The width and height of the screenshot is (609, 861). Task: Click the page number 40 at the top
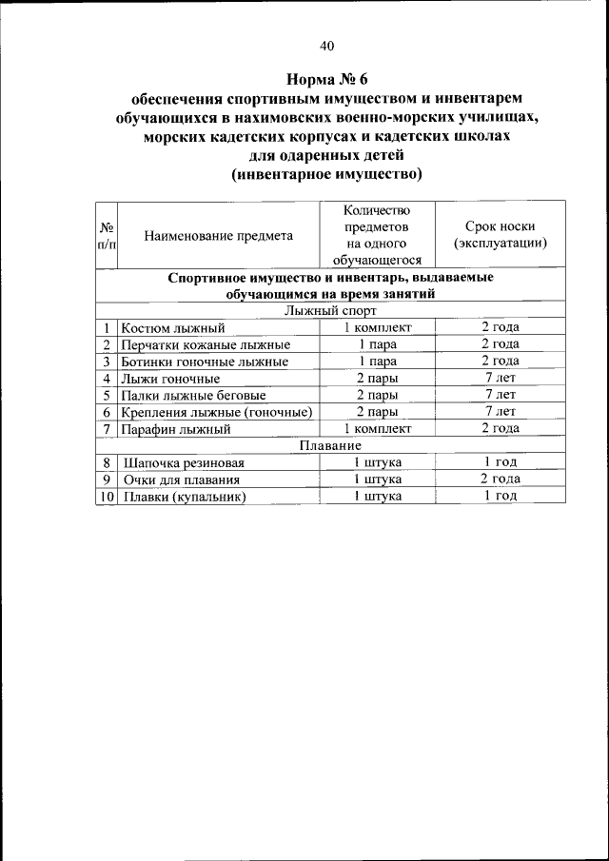(327, 46)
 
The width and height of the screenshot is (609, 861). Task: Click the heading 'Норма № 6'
(327, 79)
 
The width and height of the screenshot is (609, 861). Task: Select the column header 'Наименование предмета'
(218, 235)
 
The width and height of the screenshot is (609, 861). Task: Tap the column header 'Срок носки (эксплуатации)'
(500, 235)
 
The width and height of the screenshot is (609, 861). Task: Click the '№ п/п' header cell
(107, 235)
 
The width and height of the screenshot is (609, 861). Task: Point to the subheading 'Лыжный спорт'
(330, 310)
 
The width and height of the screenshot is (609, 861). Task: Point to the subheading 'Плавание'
(330, 445)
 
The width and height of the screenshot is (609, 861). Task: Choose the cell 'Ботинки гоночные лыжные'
(205, 362)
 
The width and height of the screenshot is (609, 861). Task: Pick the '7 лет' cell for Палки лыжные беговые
(500, 395)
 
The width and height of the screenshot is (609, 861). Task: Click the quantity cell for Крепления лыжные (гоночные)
(377, 412)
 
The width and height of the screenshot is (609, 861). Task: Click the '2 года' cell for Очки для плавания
(500, 479)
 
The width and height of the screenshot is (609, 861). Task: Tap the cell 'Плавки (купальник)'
(184, 497)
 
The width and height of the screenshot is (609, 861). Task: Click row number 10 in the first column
(107, 497)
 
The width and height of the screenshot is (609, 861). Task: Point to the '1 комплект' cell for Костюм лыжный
(377, 328)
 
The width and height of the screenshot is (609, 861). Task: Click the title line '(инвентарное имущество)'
(326, 174)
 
